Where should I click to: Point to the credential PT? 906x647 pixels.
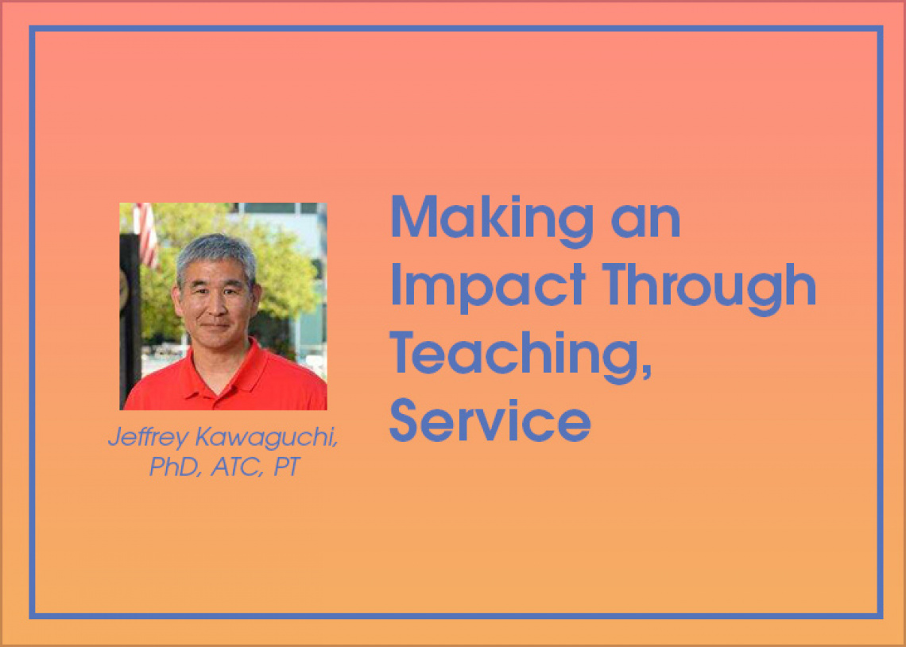click(287, 467)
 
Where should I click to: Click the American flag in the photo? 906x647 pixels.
click(147, 234)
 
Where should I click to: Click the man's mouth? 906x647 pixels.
click(215, 327)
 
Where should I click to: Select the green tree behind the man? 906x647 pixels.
click(277, 272)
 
